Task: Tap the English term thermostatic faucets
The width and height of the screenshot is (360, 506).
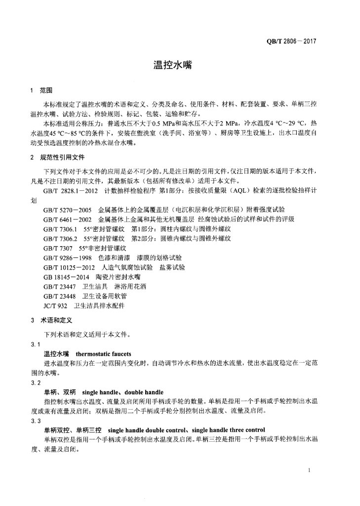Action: (x=104, y=354)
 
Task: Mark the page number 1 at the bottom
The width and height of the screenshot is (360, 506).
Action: (x=309, y=470)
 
